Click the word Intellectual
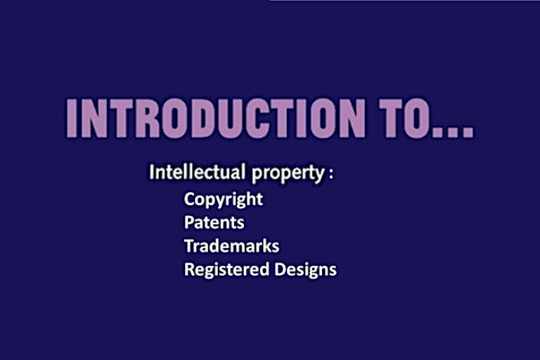[198, 172]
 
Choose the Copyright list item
[224, 199]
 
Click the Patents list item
[214, 222]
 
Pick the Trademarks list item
[231, 246]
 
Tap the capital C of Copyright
[189, 199]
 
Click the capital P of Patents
[188, 222]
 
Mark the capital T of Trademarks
[188, 246]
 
